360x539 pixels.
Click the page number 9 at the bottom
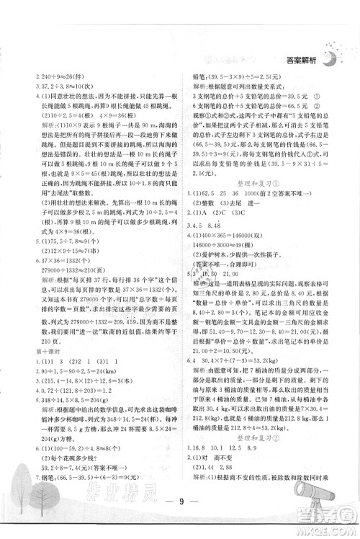[179, 514]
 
